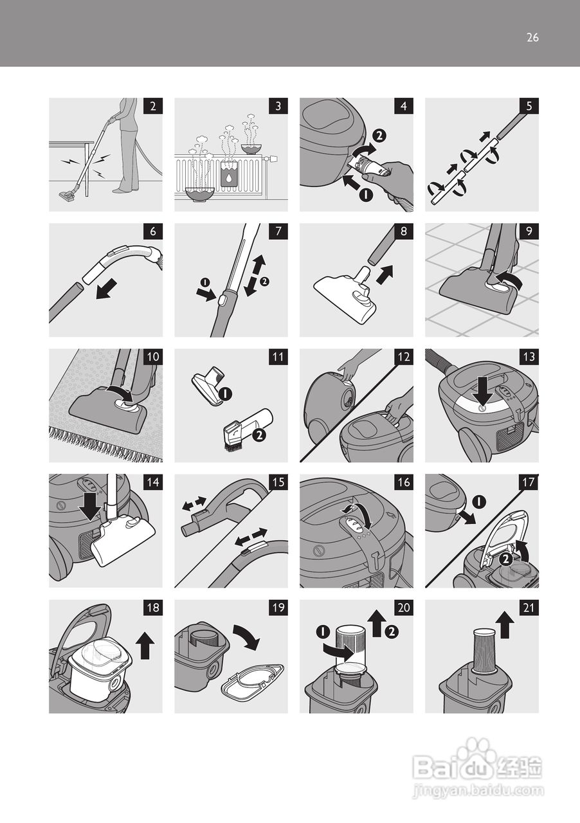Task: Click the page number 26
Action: [532, 37]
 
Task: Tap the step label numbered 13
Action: [529, 357]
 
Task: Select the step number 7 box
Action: [278, 231]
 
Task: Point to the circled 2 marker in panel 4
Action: [379, 136]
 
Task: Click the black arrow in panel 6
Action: [107, 289]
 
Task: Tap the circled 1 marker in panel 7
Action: [204, 282]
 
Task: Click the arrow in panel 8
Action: [385, 275]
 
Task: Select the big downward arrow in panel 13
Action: [484, 391]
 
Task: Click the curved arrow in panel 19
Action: [247, 637]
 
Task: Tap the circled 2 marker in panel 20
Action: [392, 632]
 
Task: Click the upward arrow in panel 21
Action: [505, 624]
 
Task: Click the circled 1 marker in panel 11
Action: [225, 395]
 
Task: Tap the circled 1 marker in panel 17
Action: [479, 502]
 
